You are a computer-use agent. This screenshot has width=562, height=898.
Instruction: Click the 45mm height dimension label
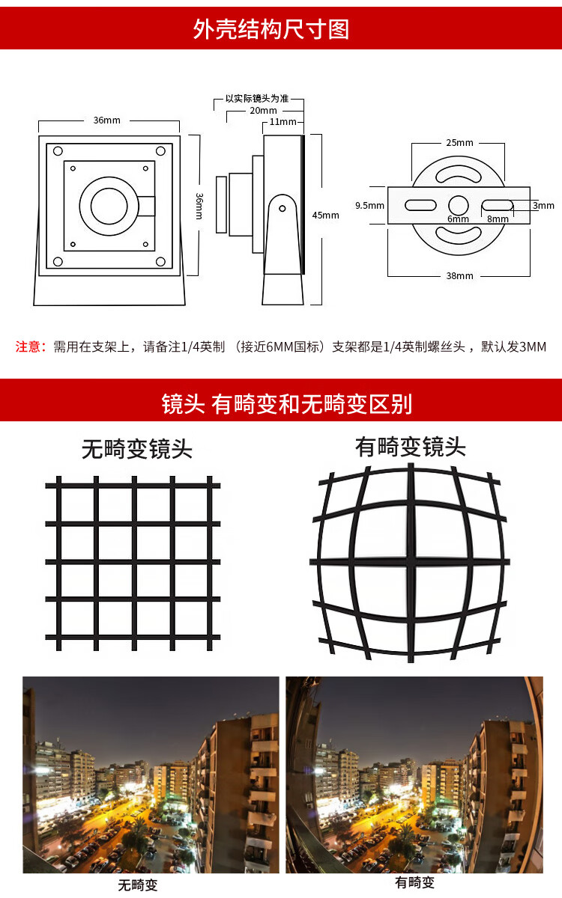(x=325, y=216)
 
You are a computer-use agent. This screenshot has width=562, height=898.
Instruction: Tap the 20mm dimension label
(x=263, y=111)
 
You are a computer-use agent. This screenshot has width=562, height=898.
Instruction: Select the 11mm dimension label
(x=282, y=122)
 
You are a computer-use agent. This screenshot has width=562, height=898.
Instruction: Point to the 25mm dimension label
(x=459, y=143)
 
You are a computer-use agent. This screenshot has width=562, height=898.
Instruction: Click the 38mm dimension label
(x=459, y=276)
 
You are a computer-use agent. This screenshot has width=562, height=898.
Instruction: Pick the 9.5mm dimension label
(x=369, y=206)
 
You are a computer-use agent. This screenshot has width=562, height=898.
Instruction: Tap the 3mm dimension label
(x=543, y=206)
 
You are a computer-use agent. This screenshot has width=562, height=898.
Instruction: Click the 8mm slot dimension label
(x=498, y=219)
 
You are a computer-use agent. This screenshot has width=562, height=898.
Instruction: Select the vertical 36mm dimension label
(x=199, y=206)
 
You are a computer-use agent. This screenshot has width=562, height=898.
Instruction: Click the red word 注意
(x=28, y=346)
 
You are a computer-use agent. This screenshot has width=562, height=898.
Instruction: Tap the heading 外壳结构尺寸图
(x=271, y=29)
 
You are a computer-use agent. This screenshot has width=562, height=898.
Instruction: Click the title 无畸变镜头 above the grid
(x=137, y=449)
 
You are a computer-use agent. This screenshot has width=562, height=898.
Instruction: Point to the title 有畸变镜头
(x=411, y=447)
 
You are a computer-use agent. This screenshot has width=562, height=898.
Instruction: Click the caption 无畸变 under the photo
(x=137, y=885)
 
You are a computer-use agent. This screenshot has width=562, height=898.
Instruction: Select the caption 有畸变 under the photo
(x=414, y=882)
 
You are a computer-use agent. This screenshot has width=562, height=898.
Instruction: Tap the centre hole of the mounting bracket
(x=459, y=206)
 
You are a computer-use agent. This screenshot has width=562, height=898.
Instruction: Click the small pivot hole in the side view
(x=282, y=209)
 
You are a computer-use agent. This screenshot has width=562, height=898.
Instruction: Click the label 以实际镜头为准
(x=257, y=99)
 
